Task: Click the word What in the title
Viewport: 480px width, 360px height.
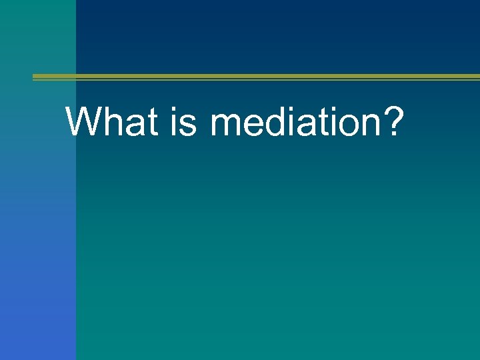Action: click(113, 121)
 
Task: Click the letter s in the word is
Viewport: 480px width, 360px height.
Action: click(189, 126)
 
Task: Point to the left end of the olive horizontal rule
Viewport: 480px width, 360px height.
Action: click(35, 77)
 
